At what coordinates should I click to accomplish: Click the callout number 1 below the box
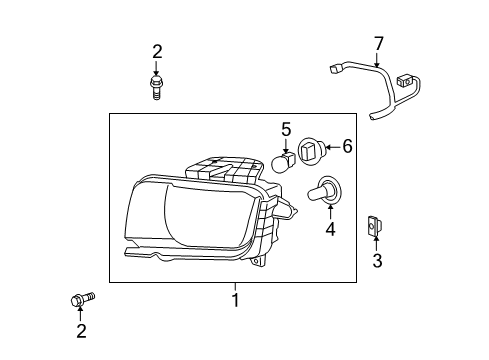(235, 299)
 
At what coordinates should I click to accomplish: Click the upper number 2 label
(156, 52)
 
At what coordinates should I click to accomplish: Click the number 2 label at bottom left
(80, 330)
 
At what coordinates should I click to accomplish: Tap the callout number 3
(377, 262)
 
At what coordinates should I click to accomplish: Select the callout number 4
(285, 129)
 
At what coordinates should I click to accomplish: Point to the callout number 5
(347, 147)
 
